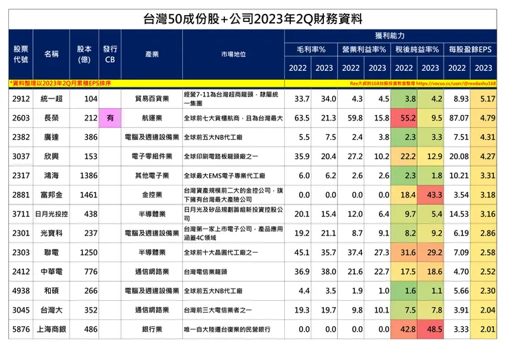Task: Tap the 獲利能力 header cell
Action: (390, 34)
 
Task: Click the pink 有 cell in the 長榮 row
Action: (110, 118)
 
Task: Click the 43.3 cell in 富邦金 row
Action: (431, 195)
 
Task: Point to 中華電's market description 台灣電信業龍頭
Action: (210, 272)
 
